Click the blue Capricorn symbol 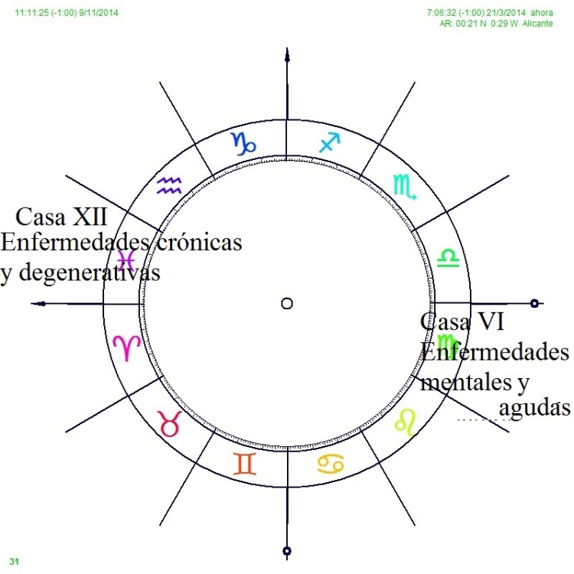point(244,143)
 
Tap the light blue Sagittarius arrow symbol point(330,142)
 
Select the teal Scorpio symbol point(403,186)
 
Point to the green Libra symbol point(447,257)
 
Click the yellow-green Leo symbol point(405,421)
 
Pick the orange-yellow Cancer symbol point(331,463)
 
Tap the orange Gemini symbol point(245,463)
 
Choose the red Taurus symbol point(168,422)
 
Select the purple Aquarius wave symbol point(168,185)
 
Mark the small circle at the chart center point(287,304)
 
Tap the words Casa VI point(461,322)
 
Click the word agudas point(534,408)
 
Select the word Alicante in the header point(539,24)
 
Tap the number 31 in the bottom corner point(15,562)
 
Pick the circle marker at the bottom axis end point(287,550)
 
